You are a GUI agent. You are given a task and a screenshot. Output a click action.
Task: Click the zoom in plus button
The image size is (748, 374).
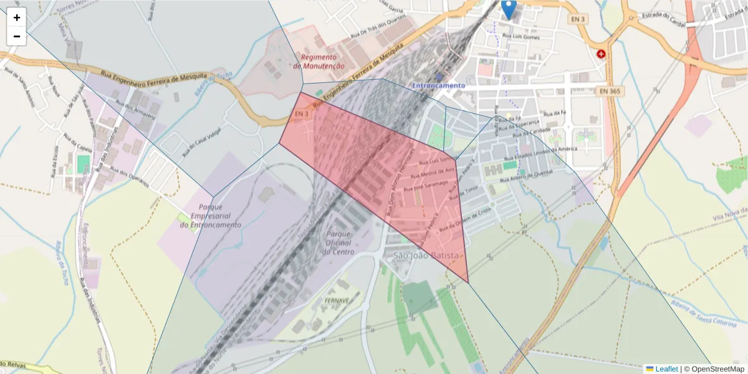17,17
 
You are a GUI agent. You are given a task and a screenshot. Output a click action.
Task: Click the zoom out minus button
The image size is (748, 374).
17,36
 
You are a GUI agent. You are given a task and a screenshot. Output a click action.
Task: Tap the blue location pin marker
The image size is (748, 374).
509,9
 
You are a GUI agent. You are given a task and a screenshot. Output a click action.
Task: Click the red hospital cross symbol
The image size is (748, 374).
601,54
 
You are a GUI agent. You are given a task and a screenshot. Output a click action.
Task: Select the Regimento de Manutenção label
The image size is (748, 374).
322,61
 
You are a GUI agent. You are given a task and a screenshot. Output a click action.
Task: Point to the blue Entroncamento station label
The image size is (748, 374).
439,85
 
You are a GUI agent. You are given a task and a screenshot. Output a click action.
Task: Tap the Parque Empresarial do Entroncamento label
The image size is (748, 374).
210,216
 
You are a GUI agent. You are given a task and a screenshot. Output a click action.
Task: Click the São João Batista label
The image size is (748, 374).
426,256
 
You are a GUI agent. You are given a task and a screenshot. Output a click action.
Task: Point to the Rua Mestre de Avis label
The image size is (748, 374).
437,173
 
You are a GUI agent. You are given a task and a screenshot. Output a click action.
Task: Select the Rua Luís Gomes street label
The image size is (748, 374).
521,37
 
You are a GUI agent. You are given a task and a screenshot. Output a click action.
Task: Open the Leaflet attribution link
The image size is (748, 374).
666,369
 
